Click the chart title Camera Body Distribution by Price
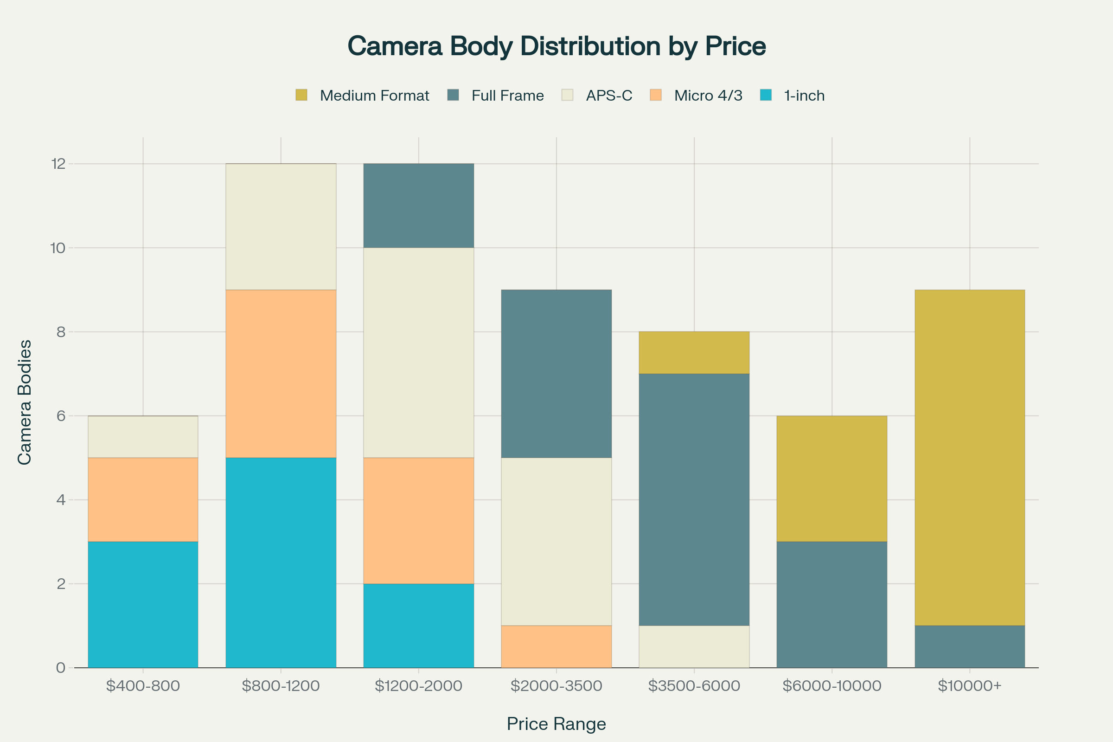click(556, 46)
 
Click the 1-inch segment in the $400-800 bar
click(143, 605)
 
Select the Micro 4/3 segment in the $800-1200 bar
click(281, 373)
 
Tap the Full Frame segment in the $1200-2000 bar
click(418, 205)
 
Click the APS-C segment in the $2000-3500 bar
click(556, 541)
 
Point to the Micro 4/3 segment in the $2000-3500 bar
click(556, 646)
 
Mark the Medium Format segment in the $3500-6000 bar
click(694, 352)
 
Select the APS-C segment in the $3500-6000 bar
click(694, 646)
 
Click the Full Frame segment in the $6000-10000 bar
click(832, 605)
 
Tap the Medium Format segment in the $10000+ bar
click(970, 457)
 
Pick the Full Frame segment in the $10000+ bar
click(970, 646)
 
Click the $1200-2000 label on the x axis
click(418, 686)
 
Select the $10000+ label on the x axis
click(970, 686)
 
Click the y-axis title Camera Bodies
click(25, 402)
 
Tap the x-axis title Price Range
click(556, 724)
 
